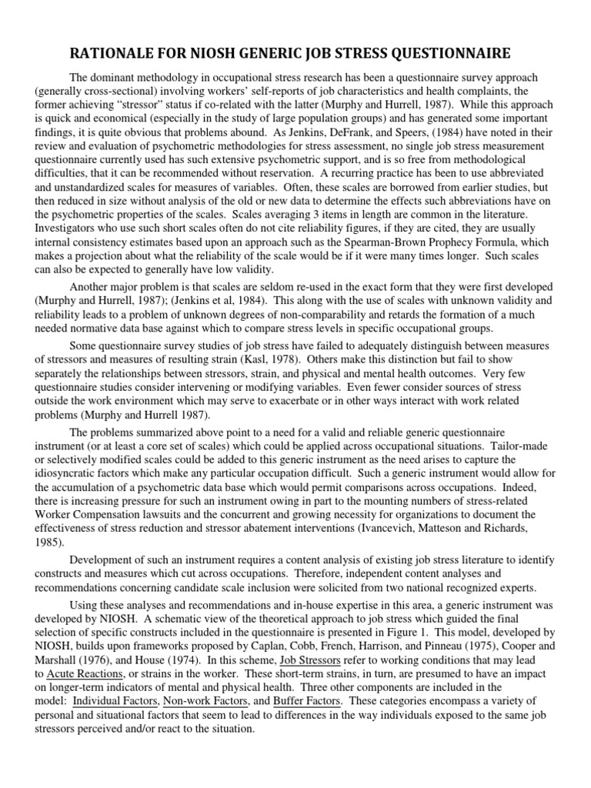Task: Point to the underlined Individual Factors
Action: (119, 701)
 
